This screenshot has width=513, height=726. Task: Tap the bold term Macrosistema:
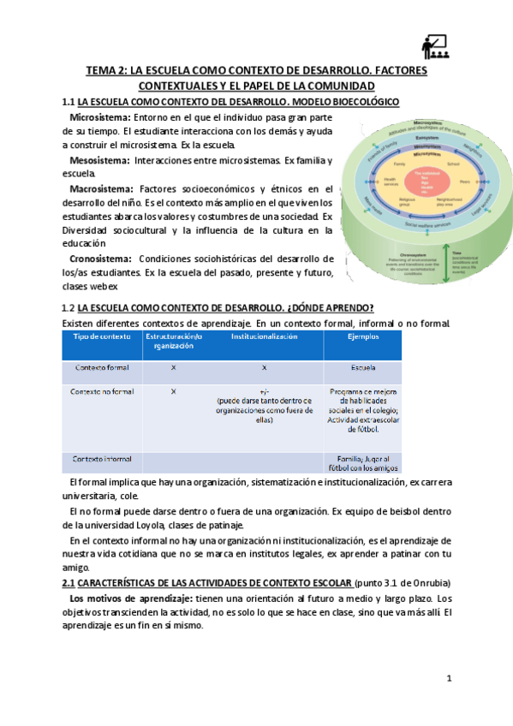tap(100, 188)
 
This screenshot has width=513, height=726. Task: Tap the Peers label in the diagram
tap(465, 181)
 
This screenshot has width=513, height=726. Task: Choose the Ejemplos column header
tap(362, 337)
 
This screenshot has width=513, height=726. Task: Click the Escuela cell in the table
tap(362, 367)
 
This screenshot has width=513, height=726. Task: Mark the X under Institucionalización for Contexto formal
tap(263, 367)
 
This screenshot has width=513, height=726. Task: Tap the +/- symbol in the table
tap(263, 391)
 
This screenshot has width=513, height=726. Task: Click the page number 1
tap(448, 678)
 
